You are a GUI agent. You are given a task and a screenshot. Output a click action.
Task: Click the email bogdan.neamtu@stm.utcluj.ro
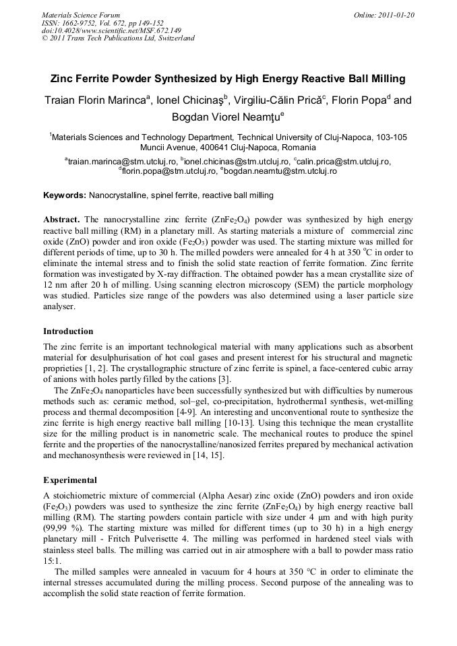tap(281, 171)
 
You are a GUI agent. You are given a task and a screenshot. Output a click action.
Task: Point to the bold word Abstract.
tap(62, 220)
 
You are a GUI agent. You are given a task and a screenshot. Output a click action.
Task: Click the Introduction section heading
tap(68, 331)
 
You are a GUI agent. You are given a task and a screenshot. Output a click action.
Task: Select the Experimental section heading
tap(70, 480)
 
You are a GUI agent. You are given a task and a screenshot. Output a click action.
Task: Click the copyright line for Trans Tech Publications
tap(118, 38)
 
